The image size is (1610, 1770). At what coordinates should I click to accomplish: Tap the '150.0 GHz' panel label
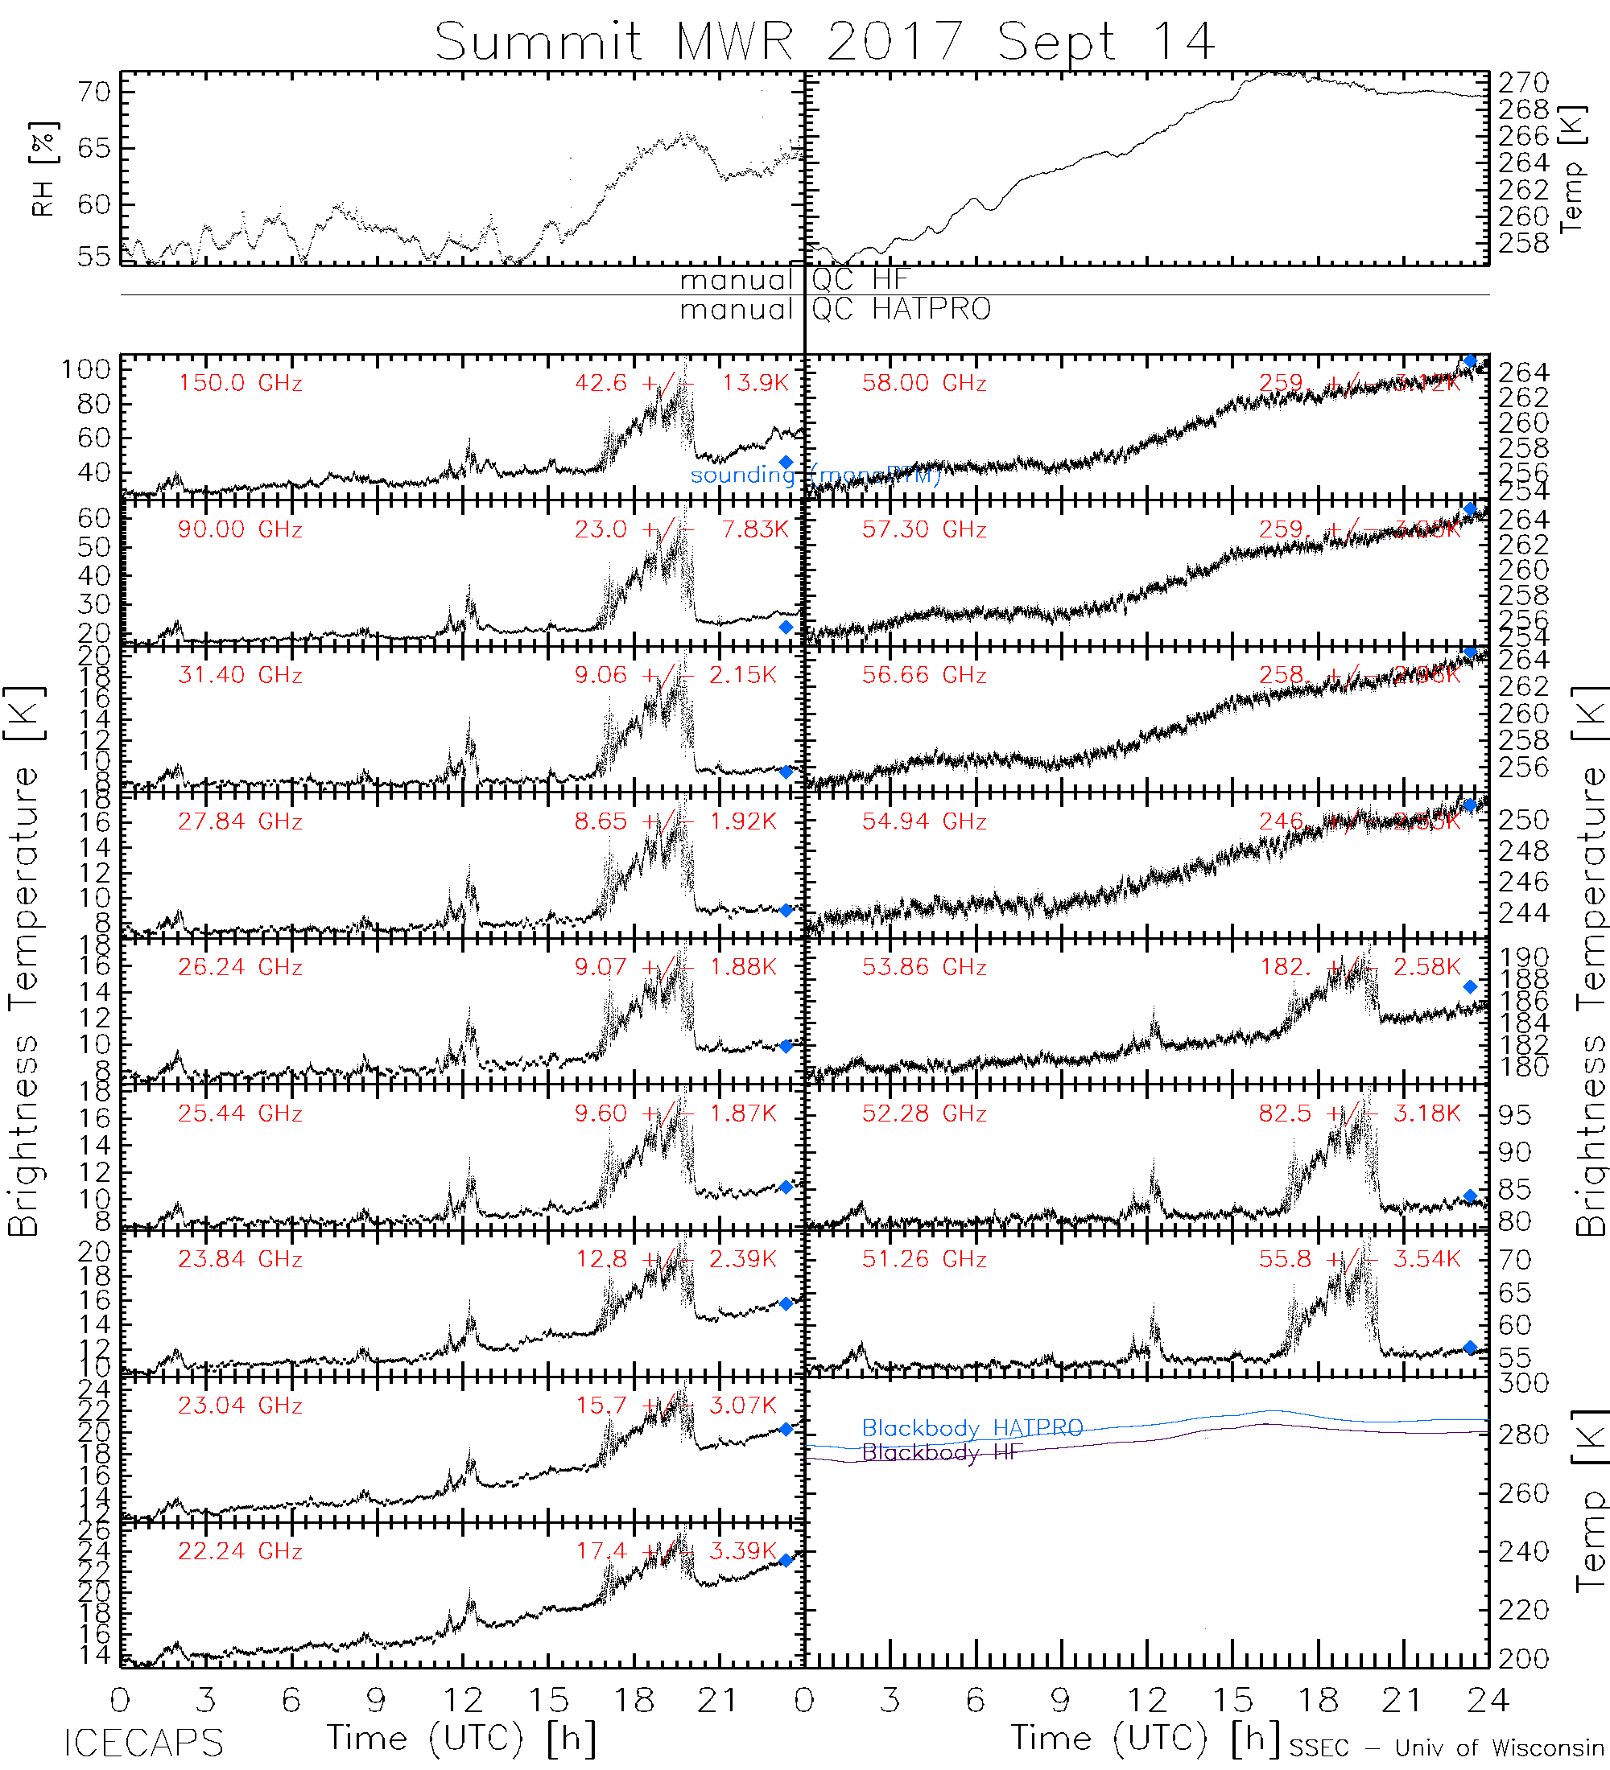coord(240,384)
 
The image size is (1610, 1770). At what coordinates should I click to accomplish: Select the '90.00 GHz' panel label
coord(240,529)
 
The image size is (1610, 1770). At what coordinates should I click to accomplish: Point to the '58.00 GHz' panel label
coord(923,384)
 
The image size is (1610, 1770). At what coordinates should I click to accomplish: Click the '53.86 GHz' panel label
coord(923,968)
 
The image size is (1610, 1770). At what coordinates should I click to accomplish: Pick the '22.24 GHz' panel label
coord(240,1551)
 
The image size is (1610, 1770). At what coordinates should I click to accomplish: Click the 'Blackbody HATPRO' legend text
coord(972,1428)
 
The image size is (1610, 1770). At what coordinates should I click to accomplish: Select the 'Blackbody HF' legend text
coord(942,1452)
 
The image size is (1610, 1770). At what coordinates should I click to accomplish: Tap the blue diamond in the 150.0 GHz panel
coord(786,463)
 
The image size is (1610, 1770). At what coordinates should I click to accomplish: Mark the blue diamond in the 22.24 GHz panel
coord(786,1560)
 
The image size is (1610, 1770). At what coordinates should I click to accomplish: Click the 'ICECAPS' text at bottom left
coord(143,1743)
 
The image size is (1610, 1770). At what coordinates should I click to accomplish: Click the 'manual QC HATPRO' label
coord(835,310)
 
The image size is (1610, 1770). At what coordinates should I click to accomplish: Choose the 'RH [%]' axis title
coord(43,169)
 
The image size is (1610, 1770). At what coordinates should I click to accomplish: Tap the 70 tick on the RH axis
coord(94,93)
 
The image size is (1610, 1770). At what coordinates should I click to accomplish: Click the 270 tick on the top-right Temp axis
coord(1523,84)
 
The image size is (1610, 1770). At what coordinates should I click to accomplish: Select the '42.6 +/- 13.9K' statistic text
coord(682,384)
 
